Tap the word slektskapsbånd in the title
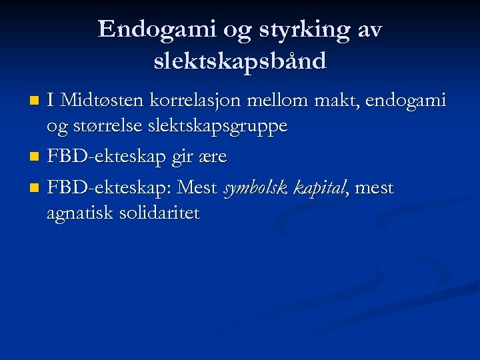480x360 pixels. (240, 61)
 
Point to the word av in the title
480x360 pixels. (370, 30)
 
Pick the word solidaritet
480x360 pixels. (164, 213)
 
